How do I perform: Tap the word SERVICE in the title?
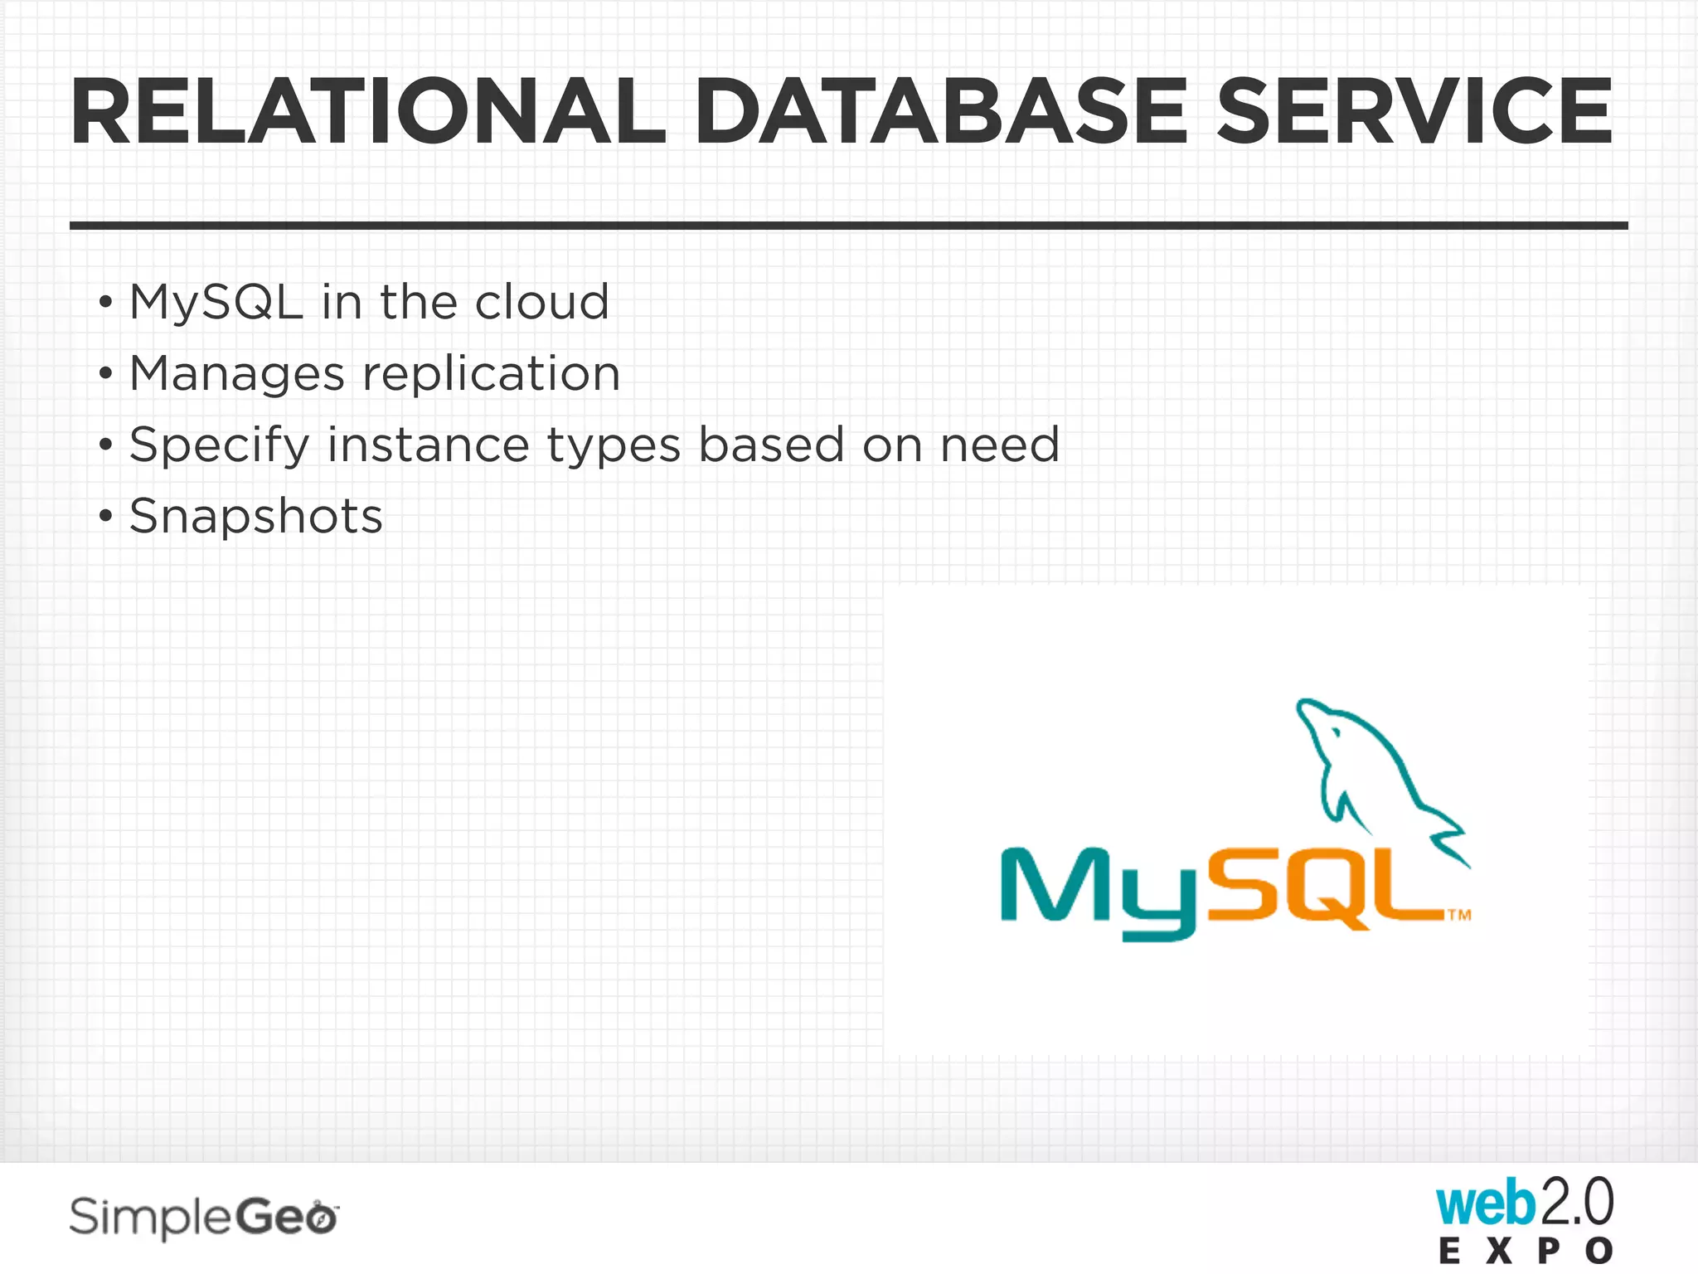[1414, 112]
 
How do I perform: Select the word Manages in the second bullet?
[237, 374]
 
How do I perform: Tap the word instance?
[428, 445]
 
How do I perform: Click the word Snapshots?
[256, 517]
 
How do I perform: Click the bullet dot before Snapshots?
[104, 517]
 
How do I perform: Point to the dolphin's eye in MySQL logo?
[1336, 732]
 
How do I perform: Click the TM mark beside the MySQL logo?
[1459, 916]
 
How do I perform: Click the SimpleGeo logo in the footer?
[203, 1218]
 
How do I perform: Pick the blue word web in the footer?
[1485, 1204]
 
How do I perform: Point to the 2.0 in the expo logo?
[1576, 1203]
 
